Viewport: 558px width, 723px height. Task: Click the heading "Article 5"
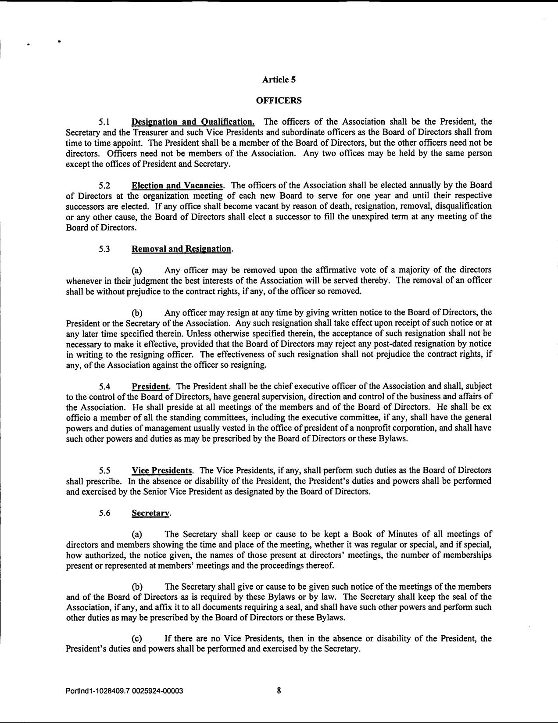coord(279,79)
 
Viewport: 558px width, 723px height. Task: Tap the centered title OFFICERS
coord(279,100)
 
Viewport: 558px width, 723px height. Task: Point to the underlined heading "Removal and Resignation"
coord(181,249)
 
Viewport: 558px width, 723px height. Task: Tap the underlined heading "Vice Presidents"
coord(162,471)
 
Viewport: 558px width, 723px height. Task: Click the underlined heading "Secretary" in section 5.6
coord(150,513)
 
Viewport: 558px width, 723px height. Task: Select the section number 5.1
coord(104,122)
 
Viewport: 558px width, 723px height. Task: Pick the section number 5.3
coord(104,249)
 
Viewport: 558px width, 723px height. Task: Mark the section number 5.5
coord(104,471)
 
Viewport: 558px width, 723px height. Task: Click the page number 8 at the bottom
coord(279,691)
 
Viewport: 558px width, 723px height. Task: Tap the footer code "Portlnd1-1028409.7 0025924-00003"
coord(124,691)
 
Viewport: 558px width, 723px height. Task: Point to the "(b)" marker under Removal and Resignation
coord(137,312)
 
